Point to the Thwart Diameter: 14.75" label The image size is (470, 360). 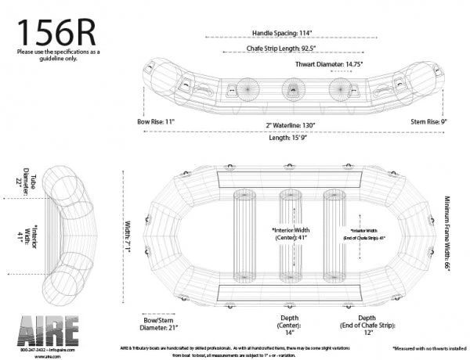pos(334,64)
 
